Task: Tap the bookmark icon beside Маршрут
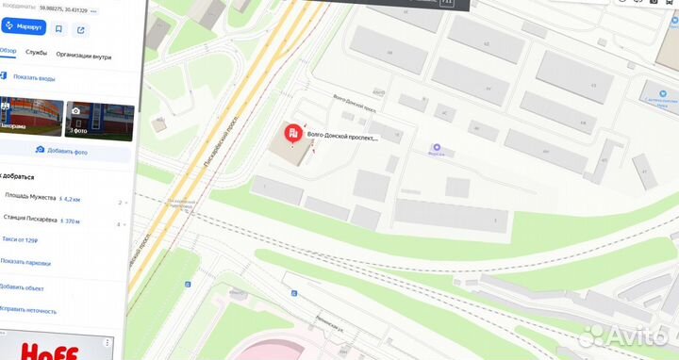58,28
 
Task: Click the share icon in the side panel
81,28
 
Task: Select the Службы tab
37,54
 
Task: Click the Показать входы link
34,77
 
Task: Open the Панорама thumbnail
31,119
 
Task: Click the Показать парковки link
25,263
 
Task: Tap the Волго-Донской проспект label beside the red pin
342,138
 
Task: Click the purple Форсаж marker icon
436,147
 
